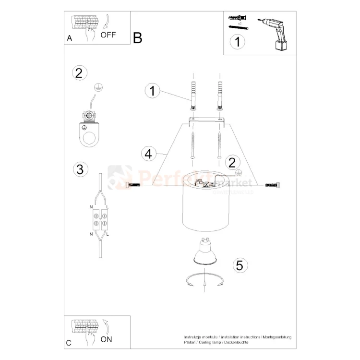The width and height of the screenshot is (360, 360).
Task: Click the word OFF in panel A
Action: click(108, 35)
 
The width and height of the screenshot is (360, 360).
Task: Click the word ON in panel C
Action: click(107, 339)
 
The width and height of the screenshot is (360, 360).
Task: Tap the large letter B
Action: click(138, 38)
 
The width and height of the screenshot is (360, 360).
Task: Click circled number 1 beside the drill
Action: click(236, 42)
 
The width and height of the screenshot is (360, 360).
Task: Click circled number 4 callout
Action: click(149, 154)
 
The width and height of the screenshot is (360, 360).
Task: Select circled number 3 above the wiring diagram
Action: click(80, 169)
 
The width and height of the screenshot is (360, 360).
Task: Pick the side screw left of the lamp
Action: click(132, 185)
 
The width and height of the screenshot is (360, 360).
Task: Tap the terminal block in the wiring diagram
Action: click(101, 219)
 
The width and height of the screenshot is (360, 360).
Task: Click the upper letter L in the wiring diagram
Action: click(107, 206)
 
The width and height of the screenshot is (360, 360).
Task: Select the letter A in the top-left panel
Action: click(70, 39)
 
